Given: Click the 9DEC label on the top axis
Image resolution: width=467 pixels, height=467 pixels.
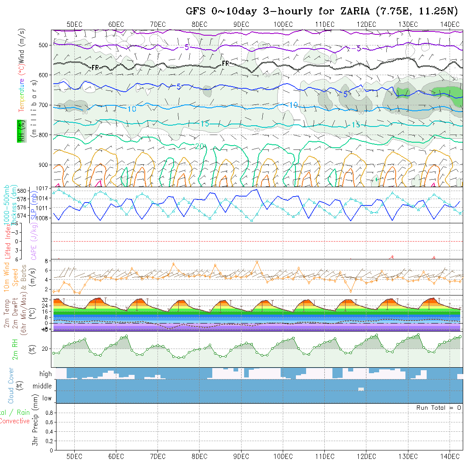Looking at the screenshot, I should (242, 24).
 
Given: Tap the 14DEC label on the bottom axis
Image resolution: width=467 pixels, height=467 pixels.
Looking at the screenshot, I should (450, 456).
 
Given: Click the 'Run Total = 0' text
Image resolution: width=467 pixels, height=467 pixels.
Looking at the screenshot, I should (439, 408).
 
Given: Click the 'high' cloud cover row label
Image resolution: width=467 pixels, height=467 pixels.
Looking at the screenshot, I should (45, 374).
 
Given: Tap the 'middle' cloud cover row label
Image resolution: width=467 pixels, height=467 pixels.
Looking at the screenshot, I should (42, 386).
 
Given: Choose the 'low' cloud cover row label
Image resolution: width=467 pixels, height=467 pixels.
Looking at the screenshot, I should (47, 398).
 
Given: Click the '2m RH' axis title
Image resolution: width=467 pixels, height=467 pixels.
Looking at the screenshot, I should (15, 349).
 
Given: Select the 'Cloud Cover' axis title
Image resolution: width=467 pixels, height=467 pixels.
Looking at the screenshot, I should (11, 386).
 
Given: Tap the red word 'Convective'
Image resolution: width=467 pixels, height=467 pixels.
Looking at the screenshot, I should (14, 421).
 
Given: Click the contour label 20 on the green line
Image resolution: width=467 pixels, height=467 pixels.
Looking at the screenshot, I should (200, 146).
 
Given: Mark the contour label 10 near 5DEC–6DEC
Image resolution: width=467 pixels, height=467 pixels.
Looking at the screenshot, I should (132, 109).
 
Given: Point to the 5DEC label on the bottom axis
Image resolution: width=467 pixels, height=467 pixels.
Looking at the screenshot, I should (75, 456).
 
